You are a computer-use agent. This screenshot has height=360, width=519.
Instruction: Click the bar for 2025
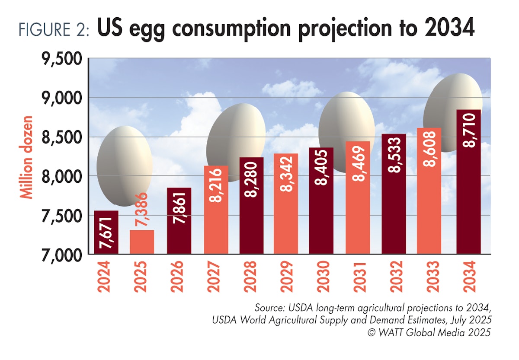click(142, 242)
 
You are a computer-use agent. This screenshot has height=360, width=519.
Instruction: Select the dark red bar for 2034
click(468, 182)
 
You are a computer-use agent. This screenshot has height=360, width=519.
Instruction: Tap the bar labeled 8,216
click(216, 210)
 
